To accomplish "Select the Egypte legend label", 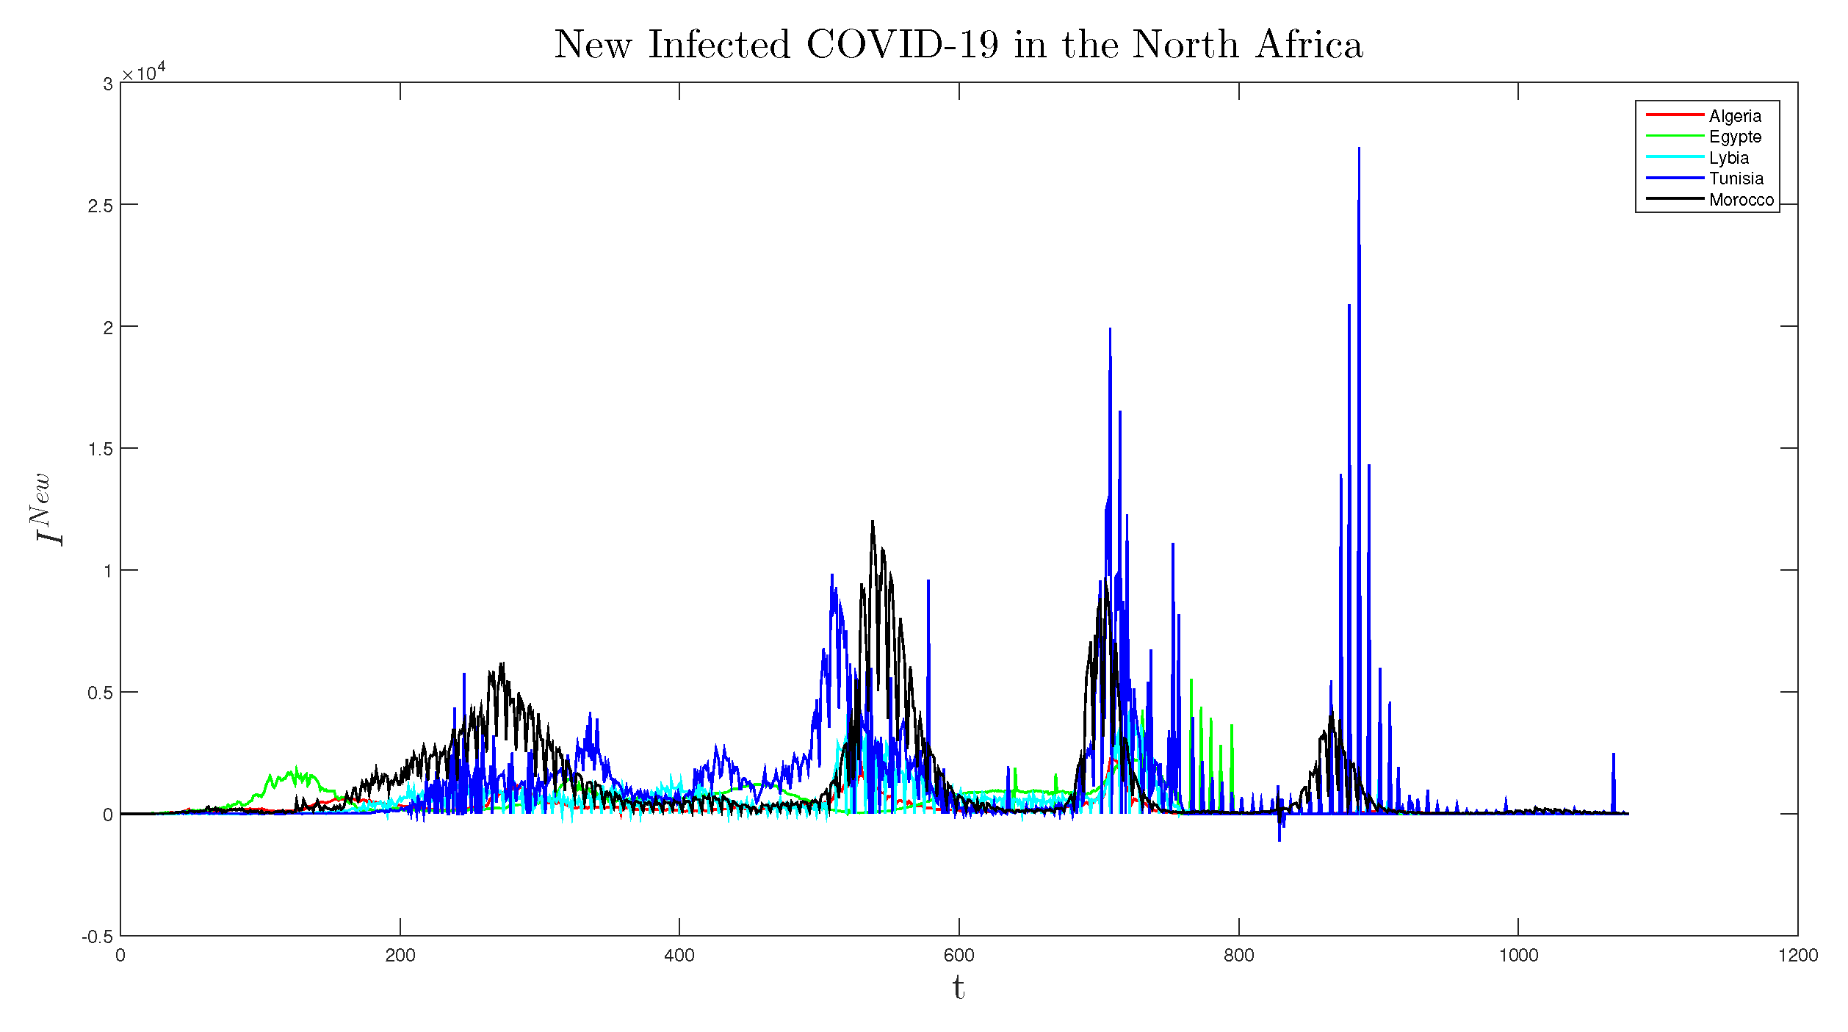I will pos(1734,137).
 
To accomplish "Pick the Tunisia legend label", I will pos(1736,178).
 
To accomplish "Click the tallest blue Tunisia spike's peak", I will pos(1359,149).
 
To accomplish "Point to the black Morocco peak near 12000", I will pos(873,522).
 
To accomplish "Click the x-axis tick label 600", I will pos(959,956).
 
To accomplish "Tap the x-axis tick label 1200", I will pos(1797,956).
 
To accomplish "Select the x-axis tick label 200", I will pos(400,956).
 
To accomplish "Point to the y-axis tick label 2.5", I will pos(100,206).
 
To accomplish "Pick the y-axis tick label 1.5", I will pos(100,450).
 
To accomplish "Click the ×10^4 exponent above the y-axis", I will pos(144,73).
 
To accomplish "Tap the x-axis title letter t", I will pos(958,988).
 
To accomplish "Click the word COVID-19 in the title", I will pos(903,45).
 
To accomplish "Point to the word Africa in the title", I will pos(1309,45).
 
